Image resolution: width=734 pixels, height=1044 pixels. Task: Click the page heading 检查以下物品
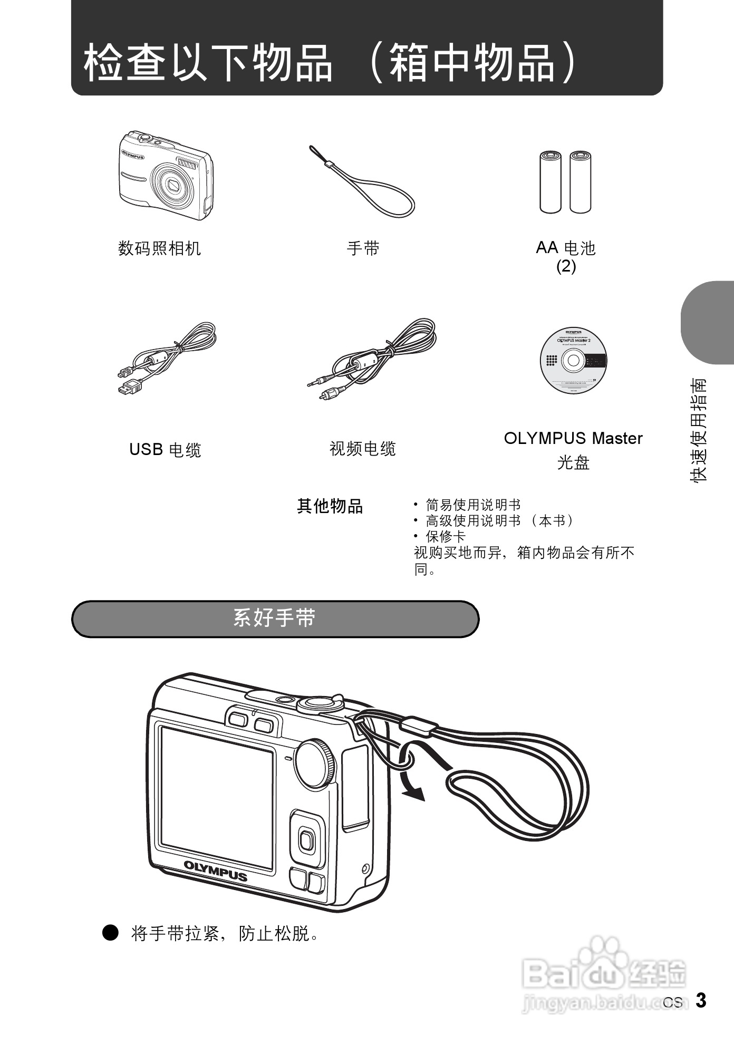[x=208, y=63]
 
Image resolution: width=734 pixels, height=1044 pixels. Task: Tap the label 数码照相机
[x=159, y=248]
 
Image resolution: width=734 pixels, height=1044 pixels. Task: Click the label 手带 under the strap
[x=363, y=248]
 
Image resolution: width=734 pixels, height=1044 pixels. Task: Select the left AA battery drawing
[x=550, y=182]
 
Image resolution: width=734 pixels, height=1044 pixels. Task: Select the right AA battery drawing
[x=580, y=182]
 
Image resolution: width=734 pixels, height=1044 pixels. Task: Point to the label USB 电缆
[x=165, y=450]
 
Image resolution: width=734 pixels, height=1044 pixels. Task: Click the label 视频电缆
[x=363, y=449]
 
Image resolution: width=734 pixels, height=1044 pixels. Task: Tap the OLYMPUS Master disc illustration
[x=573, y=361]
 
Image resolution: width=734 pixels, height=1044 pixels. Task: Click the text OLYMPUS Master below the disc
[x=573, y=438]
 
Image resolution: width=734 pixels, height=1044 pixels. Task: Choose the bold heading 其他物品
[x=330, y=506]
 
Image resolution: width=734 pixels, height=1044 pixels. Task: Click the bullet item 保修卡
[x=446, y=537]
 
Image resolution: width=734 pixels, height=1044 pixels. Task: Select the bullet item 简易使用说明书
[x=473, y=505]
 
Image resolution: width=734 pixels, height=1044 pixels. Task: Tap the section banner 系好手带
[x=275, y=618]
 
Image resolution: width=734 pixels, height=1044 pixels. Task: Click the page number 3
[x=701, y=1000]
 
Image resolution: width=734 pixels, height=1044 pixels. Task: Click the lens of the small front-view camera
[x=173, y=185]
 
